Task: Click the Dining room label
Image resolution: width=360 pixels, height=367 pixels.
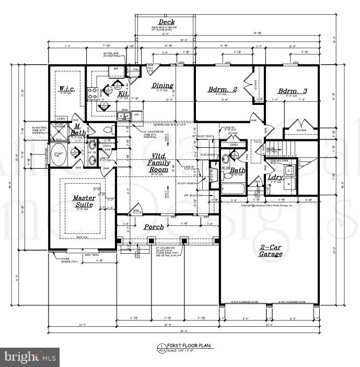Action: (162, 86)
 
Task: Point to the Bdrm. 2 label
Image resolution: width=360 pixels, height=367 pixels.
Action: (223, 89)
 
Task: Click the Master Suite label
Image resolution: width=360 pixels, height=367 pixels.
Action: (83, 201)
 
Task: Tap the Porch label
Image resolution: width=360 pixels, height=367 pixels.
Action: (154, 227)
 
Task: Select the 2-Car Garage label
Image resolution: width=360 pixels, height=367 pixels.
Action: (271, 250)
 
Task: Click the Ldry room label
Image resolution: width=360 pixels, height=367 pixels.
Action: (275, 177)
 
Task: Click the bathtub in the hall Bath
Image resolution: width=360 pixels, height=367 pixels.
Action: (233, 188)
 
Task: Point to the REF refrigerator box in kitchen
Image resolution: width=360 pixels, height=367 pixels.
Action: (115, 68)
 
